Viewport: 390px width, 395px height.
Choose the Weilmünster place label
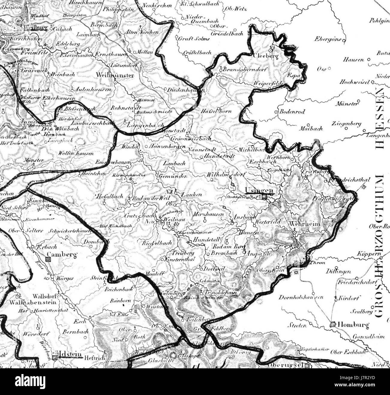tap(115, 75)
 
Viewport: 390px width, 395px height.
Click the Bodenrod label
tap(292, 112)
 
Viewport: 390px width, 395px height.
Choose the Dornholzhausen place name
tap(301, 297)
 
